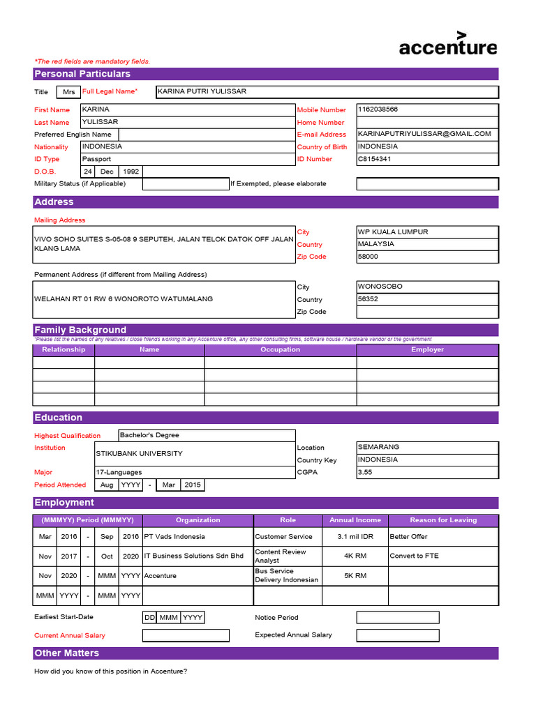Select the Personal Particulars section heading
(x=82, y=74)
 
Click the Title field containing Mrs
(x=68, y=92)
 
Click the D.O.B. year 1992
(x=131, y=172)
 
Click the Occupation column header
(x=280, y=350)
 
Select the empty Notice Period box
(x=398, y=618)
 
